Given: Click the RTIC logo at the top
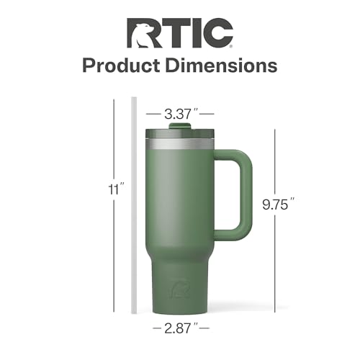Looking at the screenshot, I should pos(180,33).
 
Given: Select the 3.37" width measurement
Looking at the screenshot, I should pos(179,112).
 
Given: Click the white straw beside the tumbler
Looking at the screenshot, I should pos(132,209).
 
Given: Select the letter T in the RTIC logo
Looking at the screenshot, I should pos(171,33).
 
